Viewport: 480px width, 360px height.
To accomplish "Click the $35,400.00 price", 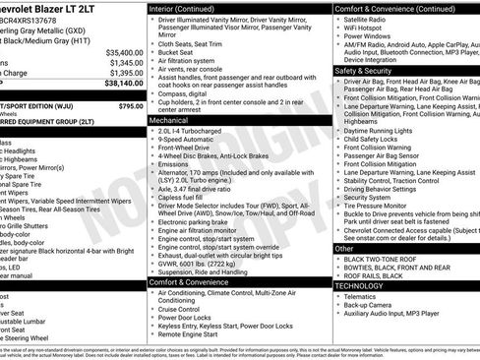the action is pos(123,51).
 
